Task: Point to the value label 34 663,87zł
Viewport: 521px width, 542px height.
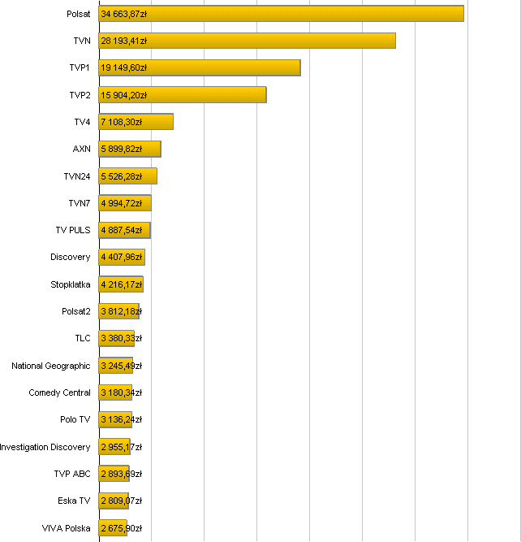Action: [x=123, y=14]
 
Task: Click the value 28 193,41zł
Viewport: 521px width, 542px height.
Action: [x=123, y=41]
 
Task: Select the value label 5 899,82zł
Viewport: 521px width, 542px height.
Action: [x=122, y=149]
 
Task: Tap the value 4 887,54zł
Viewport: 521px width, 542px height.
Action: [x=122, y=230]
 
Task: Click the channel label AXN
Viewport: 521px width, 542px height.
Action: [x=81, y=149]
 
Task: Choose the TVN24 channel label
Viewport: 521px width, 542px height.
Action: [x=77, y=176]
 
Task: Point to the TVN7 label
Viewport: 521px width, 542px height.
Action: [x=80, y=203]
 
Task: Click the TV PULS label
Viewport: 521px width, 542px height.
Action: [x=73, y=230]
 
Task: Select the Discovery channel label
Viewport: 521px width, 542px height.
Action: [x=71, y=257]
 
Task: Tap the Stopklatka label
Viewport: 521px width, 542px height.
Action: [x=71, y=284]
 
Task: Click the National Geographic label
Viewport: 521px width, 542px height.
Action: [x=51, y=366]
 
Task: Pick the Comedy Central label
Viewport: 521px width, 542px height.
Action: [x=59, y=392]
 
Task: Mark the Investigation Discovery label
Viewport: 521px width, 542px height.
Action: [x=45, y=447]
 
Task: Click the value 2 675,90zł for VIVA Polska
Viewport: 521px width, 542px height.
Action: [x=122, y=528]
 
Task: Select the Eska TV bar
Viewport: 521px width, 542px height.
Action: [x=114, y=501]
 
